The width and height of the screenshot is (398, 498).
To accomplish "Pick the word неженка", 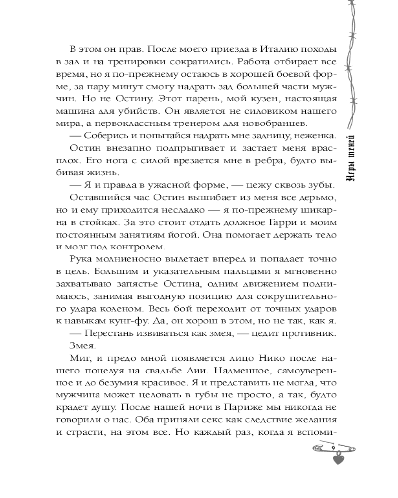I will pos(316,135).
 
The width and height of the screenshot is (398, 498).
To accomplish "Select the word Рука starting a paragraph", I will pos(81,259).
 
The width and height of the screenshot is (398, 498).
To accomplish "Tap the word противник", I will pos(310,332).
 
